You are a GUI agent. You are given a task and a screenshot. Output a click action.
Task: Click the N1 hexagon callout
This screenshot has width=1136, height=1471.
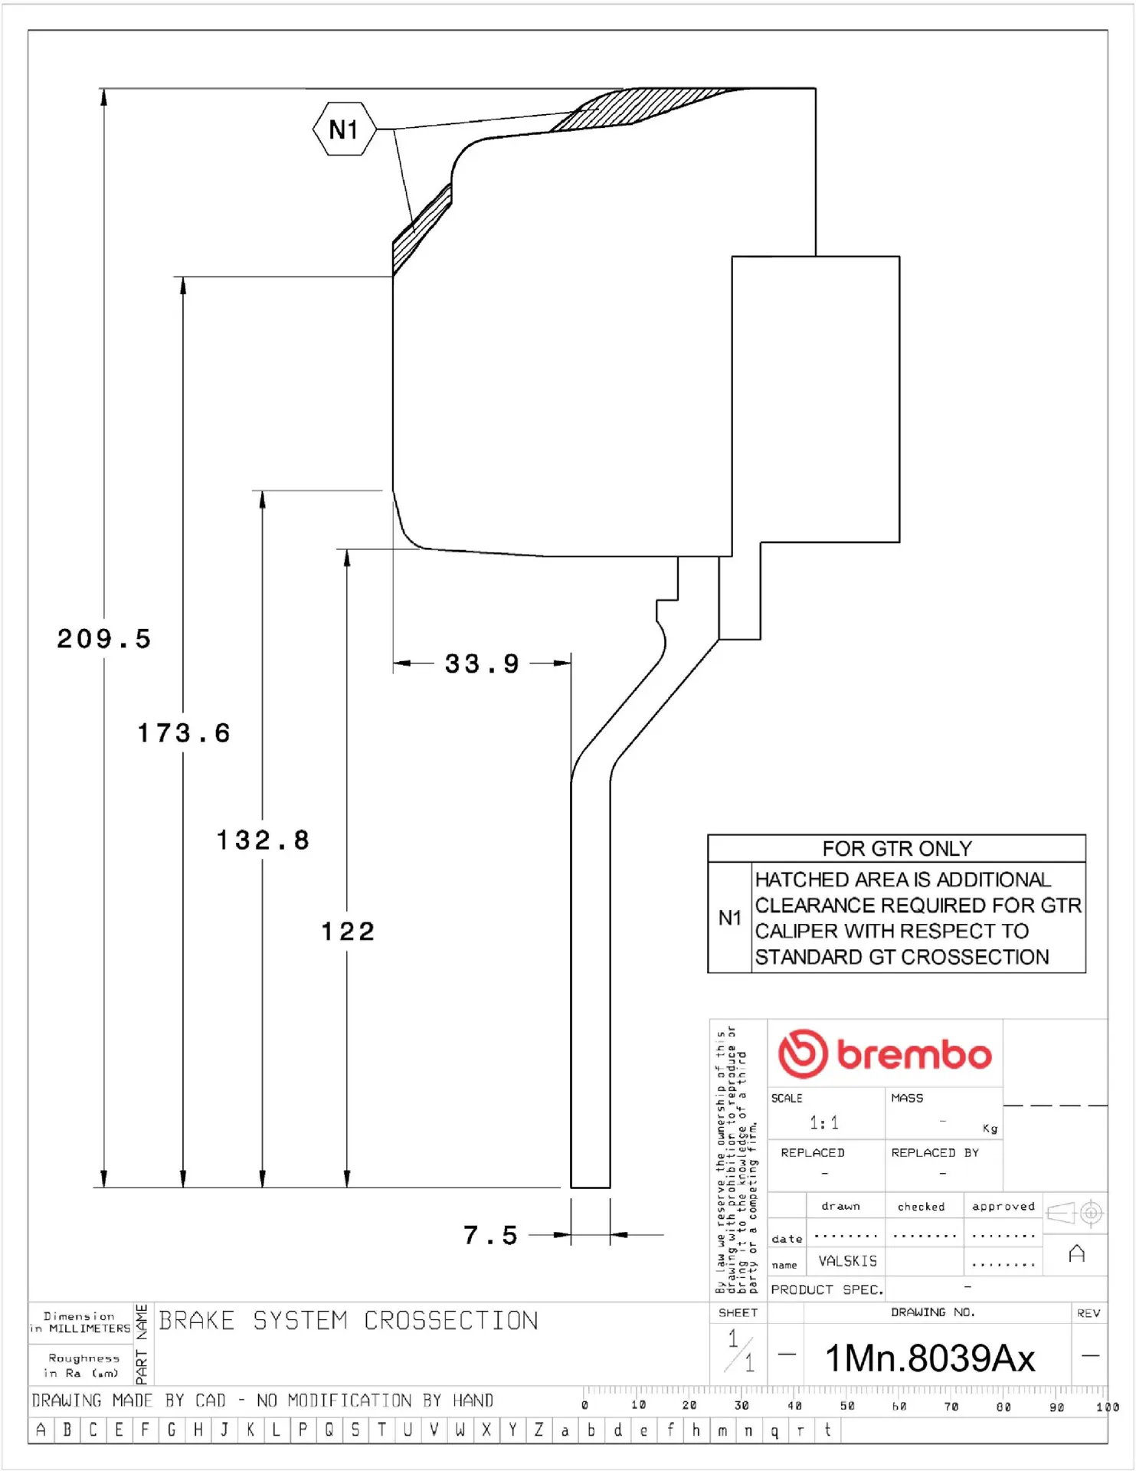tap(344, 129)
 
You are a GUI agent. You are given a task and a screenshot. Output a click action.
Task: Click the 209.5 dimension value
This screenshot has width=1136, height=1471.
tap(104, 639)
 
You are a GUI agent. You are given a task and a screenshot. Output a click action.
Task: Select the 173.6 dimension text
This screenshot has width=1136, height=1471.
tap(184, 733)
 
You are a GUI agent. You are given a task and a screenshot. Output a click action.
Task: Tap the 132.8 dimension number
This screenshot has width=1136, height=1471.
tap(263, 840)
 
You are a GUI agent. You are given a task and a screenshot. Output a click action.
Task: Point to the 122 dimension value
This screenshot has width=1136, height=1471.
tap(348, 932)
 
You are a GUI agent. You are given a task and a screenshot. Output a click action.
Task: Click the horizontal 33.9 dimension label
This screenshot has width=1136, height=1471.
tap(482, 663)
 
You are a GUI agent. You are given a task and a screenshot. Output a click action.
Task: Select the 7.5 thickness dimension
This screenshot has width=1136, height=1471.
tap(490, 1235)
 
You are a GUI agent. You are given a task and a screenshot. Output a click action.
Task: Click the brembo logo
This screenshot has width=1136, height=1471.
tap(885, 1054)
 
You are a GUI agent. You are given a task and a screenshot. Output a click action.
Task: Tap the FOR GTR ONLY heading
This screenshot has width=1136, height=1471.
tap(896, 849)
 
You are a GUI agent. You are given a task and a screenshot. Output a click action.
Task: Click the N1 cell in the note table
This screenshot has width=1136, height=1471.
tap(729, 918)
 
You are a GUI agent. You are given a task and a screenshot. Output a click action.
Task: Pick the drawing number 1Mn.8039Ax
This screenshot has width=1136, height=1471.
tap(929, 1358)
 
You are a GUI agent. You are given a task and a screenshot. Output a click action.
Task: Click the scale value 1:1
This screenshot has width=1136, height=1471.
tap(824, 1123)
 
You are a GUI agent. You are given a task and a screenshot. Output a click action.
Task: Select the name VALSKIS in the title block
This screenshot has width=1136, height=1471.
tap(847, 1261)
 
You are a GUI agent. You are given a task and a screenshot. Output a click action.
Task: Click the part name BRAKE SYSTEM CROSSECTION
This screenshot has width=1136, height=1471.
tap(349, 1321)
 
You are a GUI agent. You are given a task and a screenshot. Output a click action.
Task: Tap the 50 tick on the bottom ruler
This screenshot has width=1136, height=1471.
tap(847, 1407)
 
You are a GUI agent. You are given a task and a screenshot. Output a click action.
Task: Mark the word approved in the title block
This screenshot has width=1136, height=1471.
tap(1003, 1207)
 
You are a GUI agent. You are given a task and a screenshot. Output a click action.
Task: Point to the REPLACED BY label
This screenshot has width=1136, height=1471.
tap(935, 1153)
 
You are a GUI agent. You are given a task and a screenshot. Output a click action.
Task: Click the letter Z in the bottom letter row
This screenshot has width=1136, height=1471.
tap(539, 1430)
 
